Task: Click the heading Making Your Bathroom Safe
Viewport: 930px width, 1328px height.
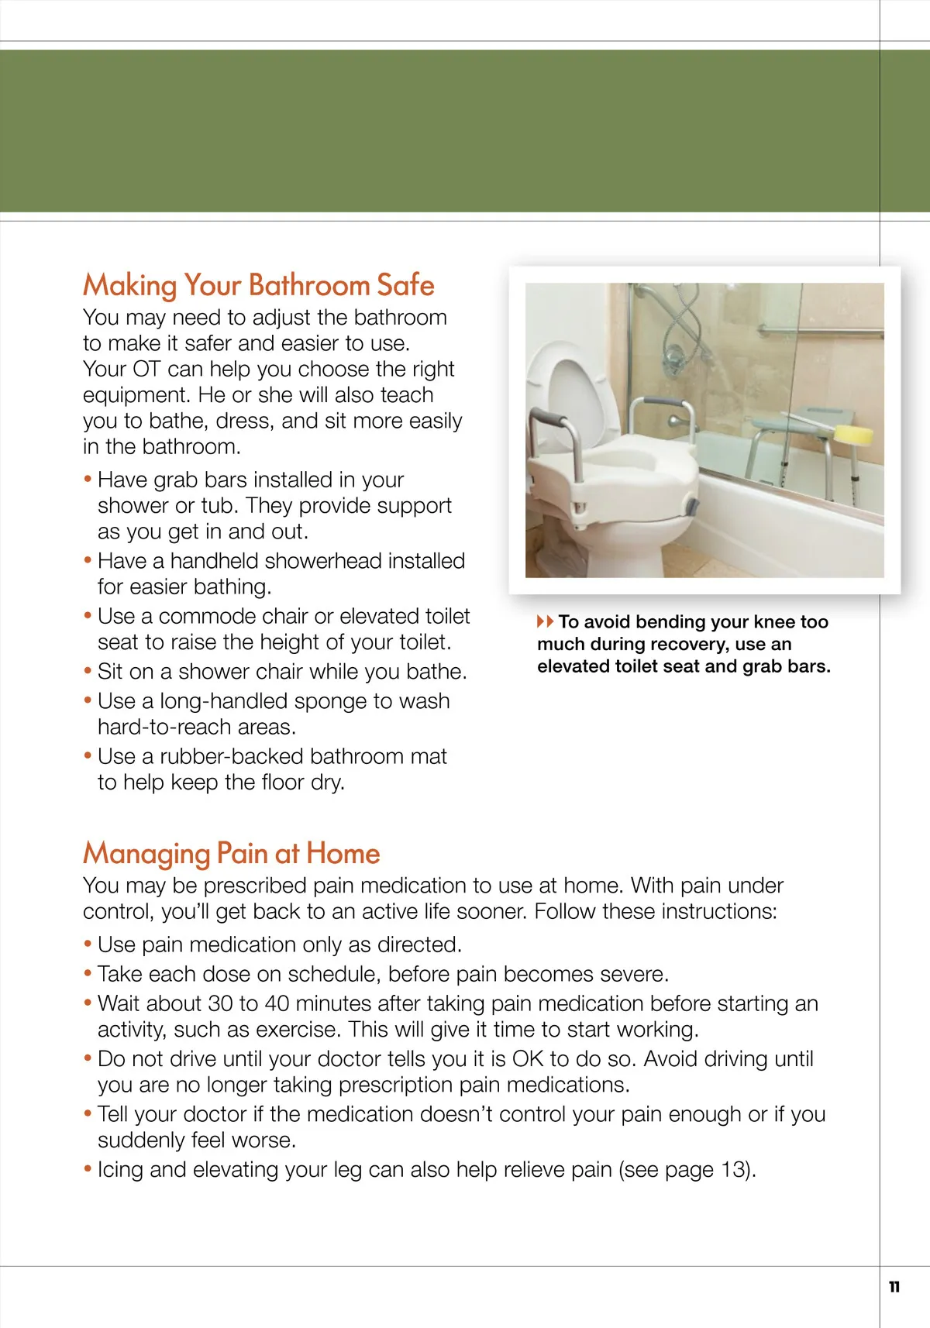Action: click(258, 285)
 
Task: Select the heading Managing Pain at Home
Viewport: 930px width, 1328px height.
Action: click(231, 853)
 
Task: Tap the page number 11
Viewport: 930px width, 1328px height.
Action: click(894, 1287)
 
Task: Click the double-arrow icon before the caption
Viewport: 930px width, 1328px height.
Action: click(545, 621)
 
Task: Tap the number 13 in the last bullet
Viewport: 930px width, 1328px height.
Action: click(732, 1169)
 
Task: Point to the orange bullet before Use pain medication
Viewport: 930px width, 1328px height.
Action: click(88, 944)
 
